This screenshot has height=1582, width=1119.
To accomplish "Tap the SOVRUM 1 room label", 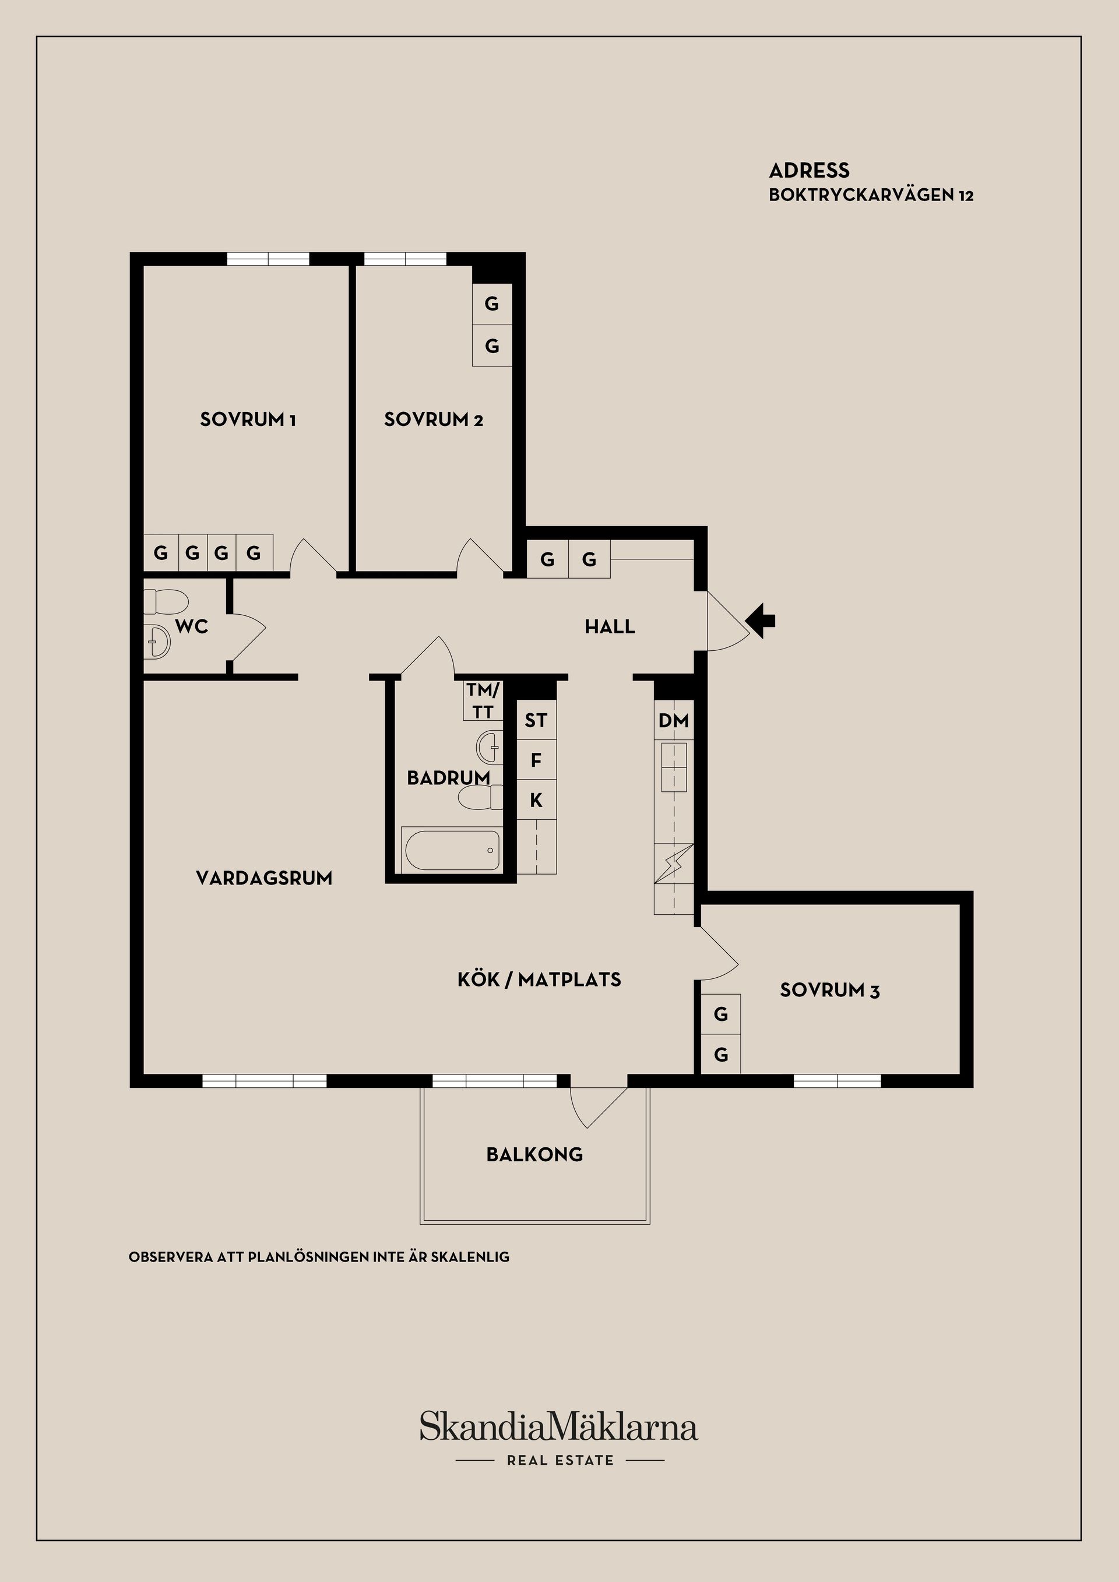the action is click(x=248, y=420).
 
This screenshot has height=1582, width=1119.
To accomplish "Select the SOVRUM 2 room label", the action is click(x=434, y=420).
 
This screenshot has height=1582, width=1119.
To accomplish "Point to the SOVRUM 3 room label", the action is click(x=829, y=990).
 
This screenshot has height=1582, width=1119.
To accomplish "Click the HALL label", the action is click(x=610, y=626).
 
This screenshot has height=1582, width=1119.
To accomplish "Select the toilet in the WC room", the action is click(x=166, y=602).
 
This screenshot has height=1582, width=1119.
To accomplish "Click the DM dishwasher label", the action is click(x=674, y=721).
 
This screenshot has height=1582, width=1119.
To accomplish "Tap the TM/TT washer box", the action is click(x=483, y=700).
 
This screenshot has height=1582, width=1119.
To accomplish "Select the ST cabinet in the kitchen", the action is click(x=536, y=720).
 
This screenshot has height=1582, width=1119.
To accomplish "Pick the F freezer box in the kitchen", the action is click(x=536, y=760).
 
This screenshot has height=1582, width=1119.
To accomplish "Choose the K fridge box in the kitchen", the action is click(x=536, y=800).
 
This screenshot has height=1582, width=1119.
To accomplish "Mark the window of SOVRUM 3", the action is click(x=837, y=1080).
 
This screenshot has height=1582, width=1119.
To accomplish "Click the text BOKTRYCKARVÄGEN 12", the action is click(x=871, y=195).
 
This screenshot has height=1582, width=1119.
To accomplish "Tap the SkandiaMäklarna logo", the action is click(x=559, y=1426).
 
